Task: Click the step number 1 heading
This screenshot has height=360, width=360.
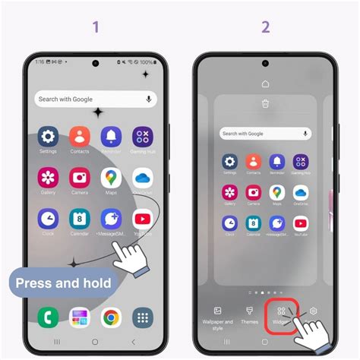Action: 96,27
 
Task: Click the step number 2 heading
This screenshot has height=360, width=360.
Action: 265,27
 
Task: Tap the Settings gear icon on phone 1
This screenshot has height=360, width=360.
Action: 49,137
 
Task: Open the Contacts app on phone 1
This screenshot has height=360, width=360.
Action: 80,137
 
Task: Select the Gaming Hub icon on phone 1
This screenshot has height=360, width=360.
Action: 142,137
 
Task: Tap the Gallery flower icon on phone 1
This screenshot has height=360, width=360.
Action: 49,178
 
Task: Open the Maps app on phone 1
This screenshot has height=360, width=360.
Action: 111,178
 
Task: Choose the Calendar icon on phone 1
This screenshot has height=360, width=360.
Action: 80,219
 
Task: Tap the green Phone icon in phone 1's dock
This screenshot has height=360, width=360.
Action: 49,317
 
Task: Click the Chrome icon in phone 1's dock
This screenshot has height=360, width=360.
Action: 111,317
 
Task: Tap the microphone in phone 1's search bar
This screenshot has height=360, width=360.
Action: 147,99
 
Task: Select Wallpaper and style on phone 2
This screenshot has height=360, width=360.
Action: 218,315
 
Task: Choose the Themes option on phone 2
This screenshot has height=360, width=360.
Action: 249,314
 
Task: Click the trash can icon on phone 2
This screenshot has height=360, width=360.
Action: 265,104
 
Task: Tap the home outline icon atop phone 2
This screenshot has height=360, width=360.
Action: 265,84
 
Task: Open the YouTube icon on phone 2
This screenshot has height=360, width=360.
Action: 301,223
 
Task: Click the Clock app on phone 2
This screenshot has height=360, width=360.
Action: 229,223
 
